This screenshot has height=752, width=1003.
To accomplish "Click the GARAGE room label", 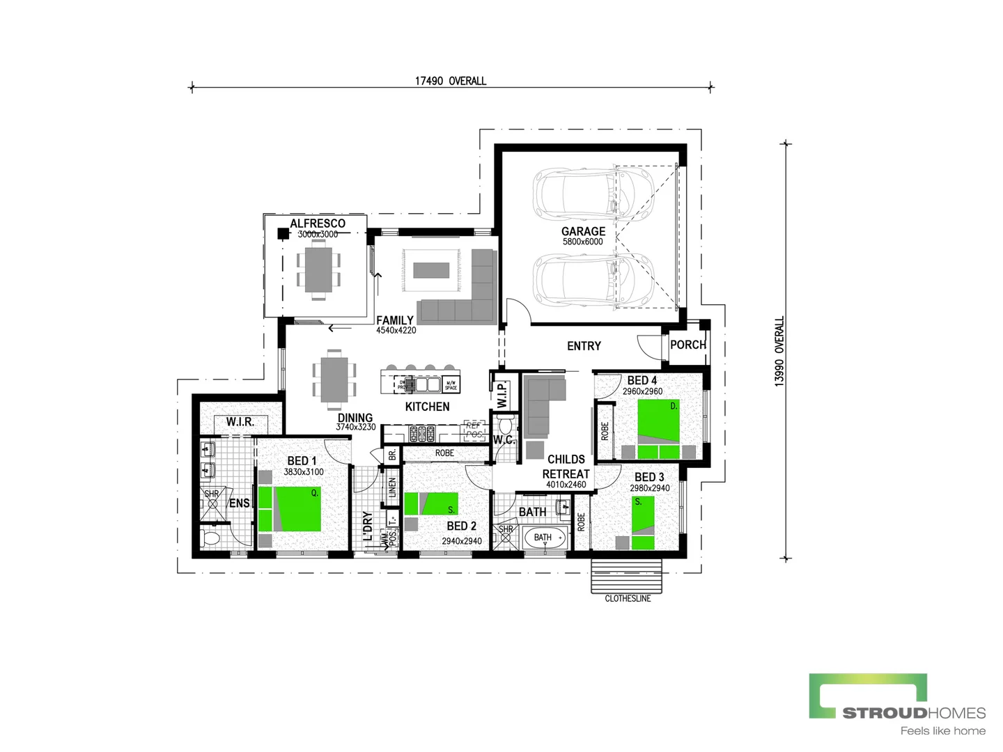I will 583,231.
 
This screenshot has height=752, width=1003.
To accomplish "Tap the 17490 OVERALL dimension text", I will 451,81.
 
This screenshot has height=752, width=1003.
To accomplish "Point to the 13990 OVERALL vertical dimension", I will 779,351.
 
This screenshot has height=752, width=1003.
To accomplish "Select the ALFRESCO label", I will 318,224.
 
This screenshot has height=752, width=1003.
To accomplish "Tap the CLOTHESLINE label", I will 628,598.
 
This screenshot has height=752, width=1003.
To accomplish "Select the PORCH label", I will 687,345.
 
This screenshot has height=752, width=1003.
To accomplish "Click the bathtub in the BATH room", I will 545,538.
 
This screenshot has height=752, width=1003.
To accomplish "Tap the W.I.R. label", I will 240,422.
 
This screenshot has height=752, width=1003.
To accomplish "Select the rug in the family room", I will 431,270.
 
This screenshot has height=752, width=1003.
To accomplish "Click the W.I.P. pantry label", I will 501,394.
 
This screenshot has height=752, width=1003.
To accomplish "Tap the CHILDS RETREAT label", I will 566,467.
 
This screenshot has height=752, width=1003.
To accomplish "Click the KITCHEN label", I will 427,407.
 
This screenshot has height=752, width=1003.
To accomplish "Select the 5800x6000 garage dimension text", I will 583,242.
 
